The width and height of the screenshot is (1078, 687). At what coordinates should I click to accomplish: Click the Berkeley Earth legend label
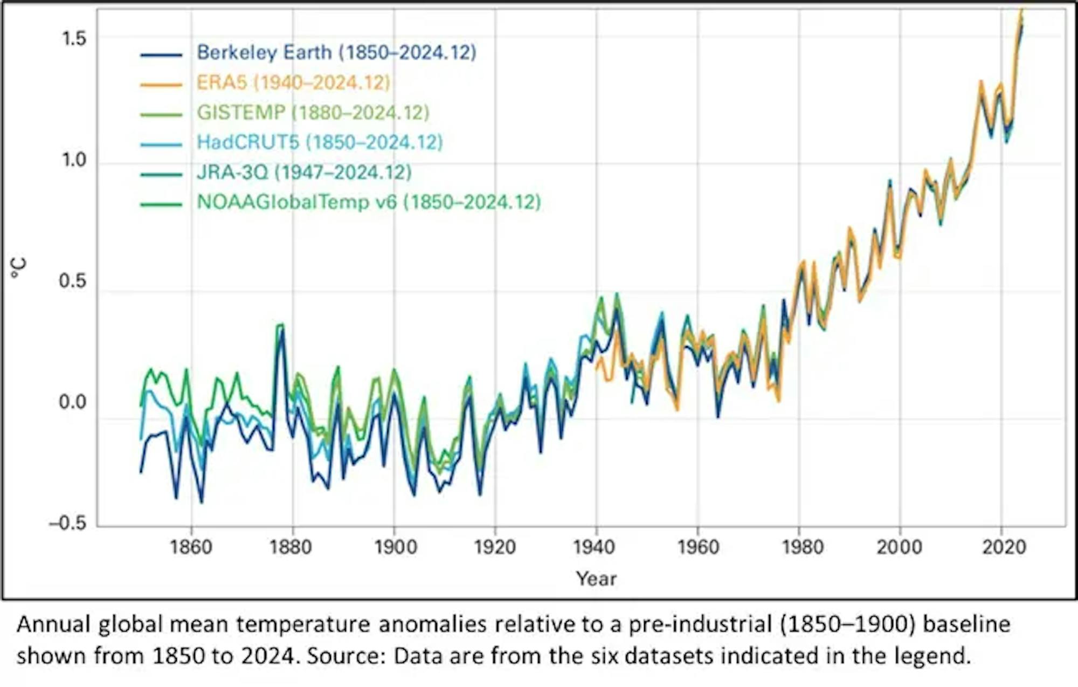336,52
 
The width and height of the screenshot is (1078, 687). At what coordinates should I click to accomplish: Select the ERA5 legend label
293,83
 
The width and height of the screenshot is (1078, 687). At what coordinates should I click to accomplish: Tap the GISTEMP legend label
313,112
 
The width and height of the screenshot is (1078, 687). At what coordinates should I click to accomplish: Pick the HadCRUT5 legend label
320,142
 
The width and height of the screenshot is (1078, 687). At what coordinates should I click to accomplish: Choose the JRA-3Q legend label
304,172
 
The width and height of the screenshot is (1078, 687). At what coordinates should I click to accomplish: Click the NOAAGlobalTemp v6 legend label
369,202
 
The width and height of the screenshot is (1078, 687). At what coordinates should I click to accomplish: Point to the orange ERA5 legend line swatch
161,84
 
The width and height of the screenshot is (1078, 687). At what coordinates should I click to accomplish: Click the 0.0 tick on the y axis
72,402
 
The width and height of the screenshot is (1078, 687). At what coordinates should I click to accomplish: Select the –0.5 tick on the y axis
67,523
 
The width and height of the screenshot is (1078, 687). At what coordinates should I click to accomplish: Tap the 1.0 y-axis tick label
73,160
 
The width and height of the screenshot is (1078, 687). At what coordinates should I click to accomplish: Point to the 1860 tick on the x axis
191,547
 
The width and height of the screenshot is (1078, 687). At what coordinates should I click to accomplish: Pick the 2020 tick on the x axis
1003,547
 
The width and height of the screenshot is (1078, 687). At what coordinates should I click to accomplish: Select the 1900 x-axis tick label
395,547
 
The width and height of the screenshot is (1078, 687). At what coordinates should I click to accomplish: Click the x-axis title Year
596,579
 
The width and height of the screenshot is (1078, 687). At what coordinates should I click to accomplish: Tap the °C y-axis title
19,268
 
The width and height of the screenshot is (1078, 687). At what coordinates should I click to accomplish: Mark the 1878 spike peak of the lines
280,326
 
